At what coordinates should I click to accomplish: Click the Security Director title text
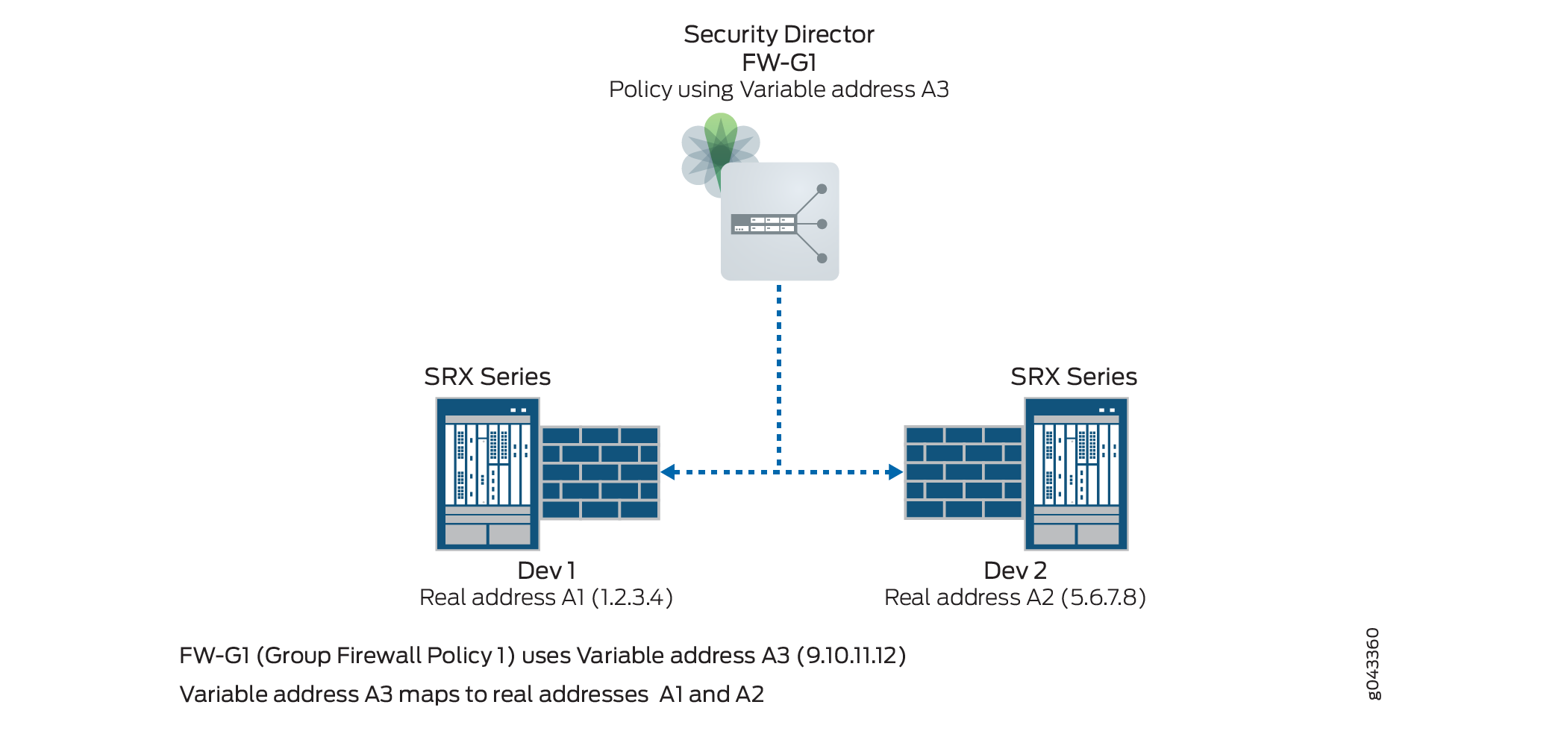pos(778,34)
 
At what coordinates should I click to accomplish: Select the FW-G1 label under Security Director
pos(778,63)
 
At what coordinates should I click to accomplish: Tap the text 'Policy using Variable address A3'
pos(778,90)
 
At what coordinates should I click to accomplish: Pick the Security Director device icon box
pos(780,222)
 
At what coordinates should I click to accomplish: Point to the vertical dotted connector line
pos(779,373)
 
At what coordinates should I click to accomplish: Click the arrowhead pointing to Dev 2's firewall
pos(895,472)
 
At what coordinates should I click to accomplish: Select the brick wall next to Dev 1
pos(600,472)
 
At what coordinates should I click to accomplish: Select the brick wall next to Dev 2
pos(963,472)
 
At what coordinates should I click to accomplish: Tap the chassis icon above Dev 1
pos(487,474)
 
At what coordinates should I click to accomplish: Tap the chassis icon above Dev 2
pos(1076,474)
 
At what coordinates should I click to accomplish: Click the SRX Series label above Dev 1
pos(487,377)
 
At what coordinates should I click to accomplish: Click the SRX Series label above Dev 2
pos(1074,377)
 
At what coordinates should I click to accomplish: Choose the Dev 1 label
pos(546,571)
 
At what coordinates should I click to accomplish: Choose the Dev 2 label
pos(1015,571)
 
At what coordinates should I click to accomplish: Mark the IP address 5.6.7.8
pos(1103,598)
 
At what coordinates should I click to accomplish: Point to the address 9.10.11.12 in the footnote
pos(851,656)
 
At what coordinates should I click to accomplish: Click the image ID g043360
pos(1373,664)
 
